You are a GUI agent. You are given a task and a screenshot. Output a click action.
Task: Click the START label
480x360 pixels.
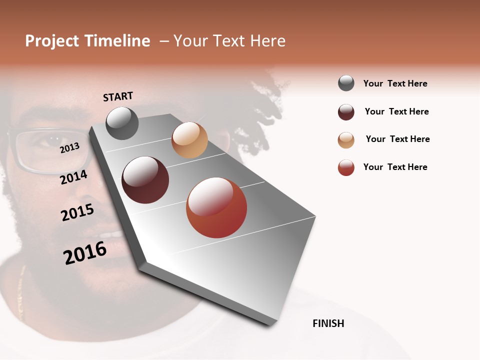tap(118, 96)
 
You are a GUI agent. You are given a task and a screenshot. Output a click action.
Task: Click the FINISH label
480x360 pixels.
tap(328, 323)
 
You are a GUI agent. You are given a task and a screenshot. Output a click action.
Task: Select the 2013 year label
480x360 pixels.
tap(69, 147)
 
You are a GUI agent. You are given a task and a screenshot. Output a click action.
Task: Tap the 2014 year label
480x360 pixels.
tap(73, 177)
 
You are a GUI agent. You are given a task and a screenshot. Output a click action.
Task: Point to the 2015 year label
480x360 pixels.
tap(77, 212)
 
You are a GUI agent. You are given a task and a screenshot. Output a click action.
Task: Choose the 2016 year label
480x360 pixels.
tap(85, 253)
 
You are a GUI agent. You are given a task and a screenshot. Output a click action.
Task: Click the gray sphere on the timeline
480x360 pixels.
tap(122, 123)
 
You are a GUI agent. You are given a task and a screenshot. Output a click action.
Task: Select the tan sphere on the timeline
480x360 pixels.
tap(189, 140)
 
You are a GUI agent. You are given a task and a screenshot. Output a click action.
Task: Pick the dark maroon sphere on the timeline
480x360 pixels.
tap(145, 180)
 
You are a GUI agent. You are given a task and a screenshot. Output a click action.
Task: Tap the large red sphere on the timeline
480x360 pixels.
tap(216, 207)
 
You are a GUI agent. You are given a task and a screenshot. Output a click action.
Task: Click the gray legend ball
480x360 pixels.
tap(346, 83)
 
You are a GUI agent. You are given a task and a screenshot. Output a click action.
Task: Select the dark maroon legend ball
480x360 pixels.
tap(346, 112)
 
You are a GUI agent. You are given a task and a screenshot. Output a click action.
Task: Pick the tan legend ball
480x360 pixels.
tap(346, 140)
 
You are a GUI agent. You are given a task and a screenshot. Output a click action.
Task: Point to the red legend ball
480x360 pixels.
tap(346, 167)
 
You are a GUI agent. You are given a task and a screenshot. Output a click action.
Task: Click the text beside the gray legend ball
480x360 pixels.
tap(395, 83)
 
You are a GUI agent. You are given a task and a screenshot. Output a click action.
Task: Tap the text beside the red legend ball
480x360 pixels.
tap(395, 167)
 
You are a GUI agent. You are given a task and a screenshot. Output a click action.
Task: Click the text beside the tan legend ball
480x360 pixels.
tap(397, 139)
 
